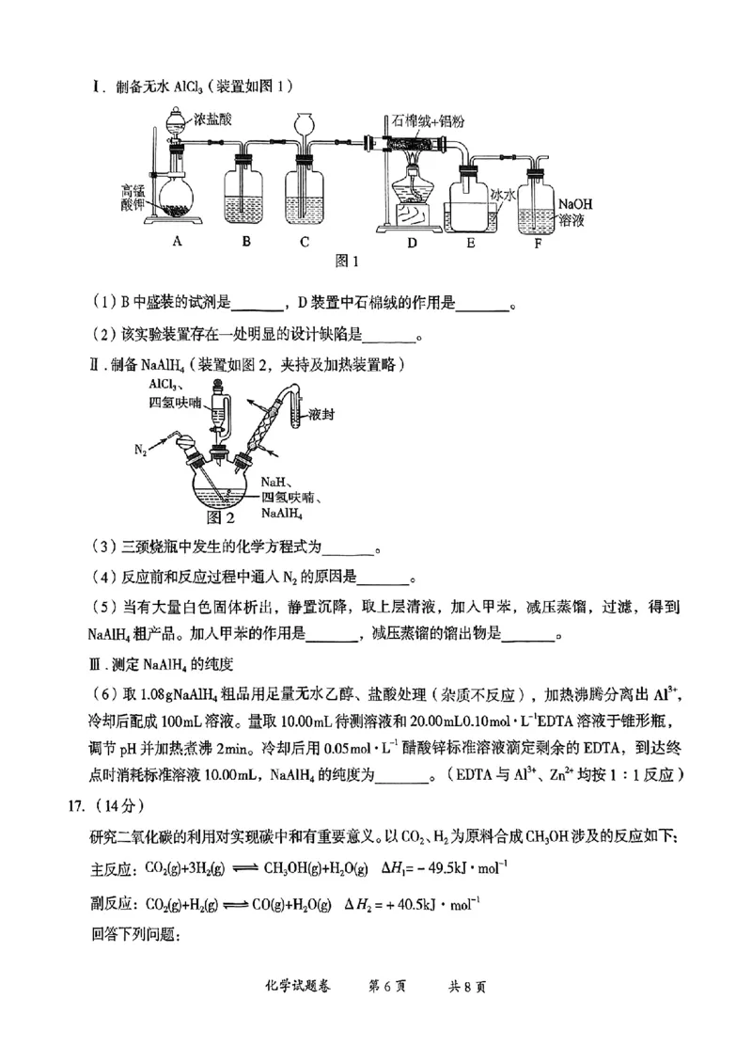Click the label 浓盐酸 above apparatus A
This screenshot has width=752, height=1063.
tap(213, 119)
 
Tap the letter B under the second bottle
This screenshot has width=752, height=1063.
tap(245, 241)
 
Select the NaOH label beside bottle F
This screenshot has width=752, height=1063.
tap(575, 203)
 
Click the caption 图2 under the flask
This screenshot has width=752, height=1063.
tap(218, 516)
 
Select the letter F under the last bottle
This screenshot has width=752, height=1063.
tap(537, 241)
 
